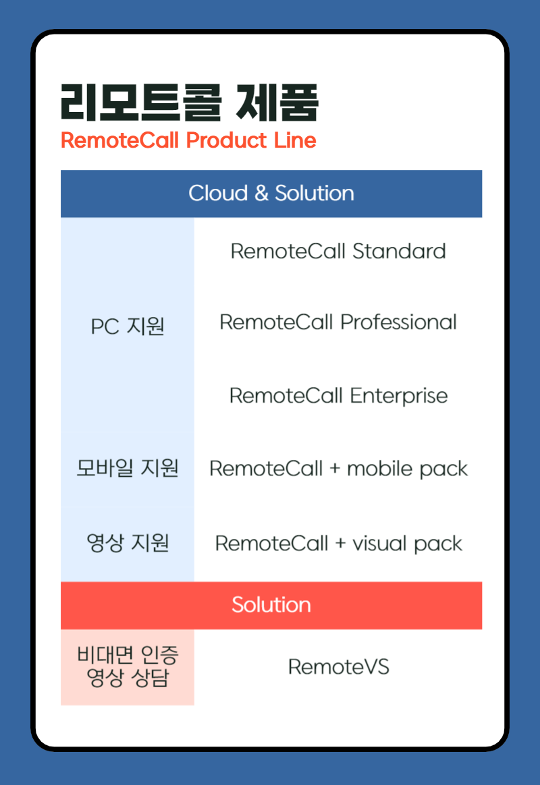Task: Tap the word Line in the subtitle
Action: [x=295, y=140]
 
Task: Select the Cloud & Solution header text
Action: [x=271, y=194]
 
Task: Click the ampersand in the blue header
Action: [x=261, y=194]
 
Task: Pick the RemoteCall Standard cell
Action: [x=338, y=252]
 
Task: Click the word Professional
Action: [x=398, y=322]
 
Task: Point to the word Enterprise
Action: [x=398, y=395]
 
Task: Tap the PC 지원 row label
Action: [x=128, y=327]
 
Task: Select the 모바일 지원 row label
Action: [x=128, y=467]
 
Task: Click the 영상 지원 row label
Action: [x=128, y=543]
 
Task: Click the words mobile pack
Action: [x=407, y=469]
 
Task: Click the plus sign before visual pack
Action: [x=340, y=544]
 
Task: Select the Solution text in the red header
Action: [x=271, y=605]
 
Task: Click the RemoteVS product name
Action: [x=338, y=667]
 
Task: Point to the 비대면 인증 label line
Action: [x=128, y=655]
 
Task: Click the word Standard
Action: [x=399, y=252]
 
